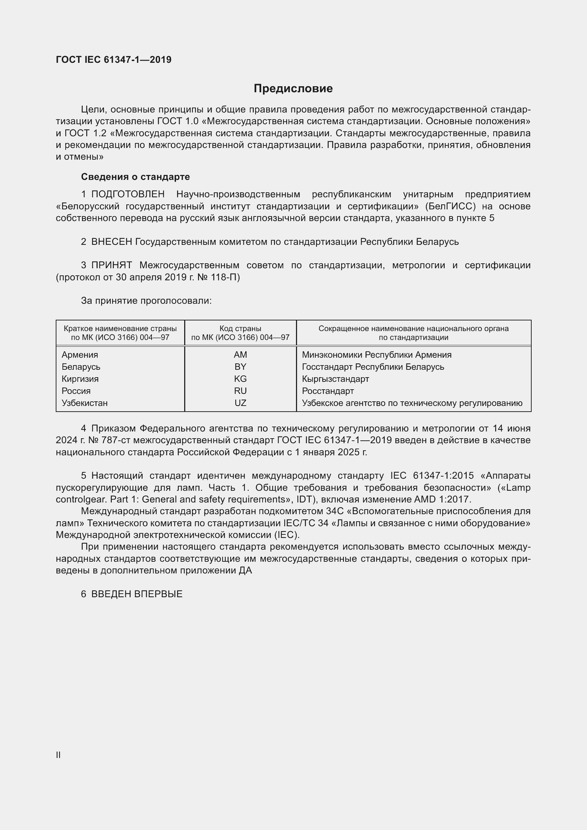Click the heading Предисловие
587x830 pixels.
click(x=293, y=88)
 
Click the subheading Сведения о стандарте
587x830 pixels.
click(x=135, y=177)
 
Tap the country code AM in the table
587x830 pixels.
click(x=240, y=354)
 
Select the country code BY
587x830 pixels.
click(x=240, y=367)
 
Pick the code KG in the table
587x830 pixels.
click(x=240, y=379)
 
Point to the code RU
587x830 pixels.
click(x=240, y=391)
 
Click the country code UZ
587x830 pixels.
click(x=240, y=403)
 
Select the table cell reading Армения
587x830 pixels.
click(x=80, y=354)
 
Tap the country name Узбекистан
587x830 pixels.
click(x=84, y=403)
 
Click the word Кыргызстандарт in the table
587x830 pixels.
click(x=335, y=379)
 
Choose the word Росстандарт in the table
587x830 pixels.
click(x=328, y=391)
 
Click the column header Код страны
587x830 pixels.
click(x=240, y=329)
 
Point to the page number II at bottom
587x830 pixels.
click(x=58, y=755)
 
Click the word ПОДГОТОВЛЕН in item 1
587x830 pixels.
click(x=128, y=194)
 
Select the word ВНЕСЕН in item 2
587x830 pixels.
click(x=112, y=242)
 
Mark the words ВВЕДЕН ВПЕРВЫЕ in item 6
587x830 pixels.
click(x=137, y=594)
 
